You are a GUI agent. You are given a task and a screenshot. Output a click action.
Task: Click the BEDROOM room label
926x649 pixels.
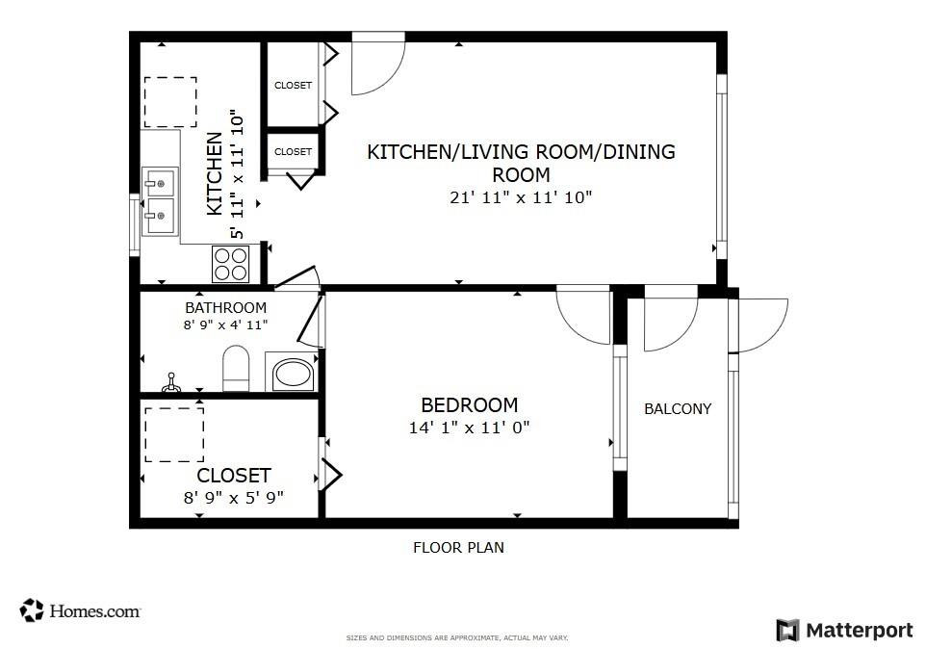tap(470, 405)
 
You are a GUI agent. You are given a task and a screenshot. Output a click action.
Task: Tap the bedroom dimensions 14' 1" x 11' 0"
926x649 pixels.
tap(470, 427)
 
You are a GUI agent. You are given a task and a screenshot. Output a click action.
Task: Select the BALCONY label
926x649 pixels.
tap(678, 408)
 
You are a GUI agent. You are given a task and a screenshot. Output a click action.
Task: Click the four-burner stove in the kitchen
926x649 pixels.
tap(231, 264)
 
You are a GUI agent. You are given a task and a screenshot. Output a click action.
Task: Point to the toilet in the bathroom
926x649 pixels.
tap(236, 369)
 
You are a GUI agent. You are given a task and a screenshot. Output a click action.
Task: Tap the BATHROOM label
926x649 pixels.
tap(225, 308)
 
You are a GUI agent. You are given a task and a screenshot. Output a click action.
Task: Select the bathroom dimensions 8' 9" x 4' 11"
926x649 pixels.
tap(225, 324)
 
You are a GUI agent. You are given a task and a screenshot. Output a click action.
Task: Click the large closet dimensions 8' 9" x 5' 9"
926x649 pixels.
tap(234, 498)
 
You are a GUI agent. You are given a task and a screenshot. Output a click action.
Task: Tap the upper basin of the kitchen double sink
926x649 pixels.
tap(160, 183)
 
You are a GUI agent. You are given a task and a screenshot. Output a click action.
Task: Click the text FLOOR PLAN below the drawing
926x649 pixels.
tap(459, 548)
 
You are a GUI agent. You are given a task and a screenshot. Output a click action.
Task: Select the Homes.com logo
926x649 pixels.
tap(80, 610)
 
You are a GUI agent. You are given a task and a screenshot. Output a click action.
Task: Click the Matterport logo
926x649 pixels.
tap(844, 630)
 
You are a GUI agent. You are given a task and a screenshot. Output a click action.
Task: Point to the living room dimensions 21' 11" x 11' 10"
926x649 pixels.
tap(521, 197)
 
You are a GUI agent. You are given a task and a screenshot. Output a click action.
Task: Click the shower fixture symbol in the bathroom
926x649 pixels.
tap(171, 382)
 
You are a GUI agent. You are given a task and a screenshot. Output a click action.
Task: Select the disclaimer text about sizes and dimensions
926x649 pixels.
tap(457, 637)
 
